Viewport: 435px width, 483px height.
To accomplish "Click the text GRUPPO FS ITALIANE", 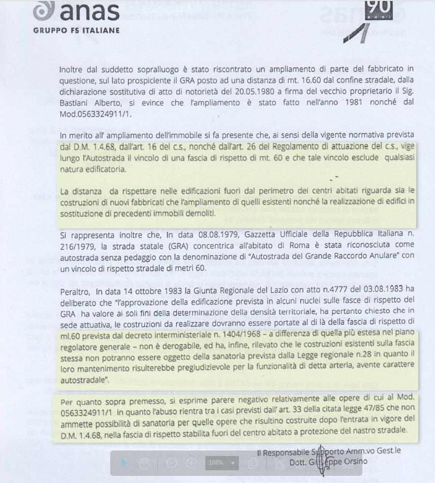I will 76,30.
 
